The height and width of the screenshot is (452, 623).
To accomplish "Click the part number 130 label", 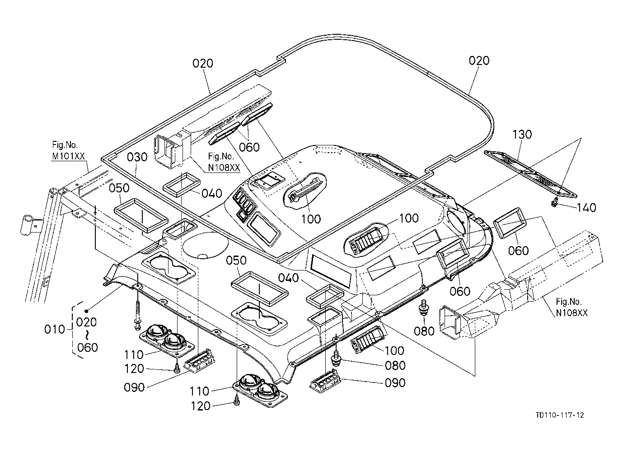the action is click(522, 135).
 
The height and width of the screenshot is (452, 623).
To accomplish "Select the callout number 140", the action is click(586, 208).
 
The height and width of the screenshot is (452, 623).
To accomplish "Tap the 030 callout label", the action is click(137, 157).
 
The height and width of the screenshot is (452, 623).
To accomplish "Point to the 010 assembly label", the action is click(55, 330).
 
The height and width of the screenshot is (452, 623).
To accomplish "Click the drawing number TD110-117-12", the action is click(560, 415).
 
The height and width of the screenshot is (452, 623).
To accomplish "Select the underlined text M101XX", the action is click(68, 156).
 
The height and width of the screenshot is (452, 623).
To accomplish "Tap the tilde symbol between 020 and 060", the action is click(87, 335).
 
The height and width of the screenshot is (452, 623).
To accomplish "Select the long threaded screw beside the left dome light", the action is click(137, 316).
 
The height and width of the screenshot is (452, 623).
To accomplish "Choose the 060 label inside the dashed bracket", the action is click(87, 348).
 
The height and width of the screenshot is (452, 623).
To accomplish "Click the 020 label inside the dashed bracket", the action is click(86, 322).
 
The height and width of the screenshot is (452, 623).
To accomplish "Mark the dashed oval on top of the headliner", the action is click(328, 151).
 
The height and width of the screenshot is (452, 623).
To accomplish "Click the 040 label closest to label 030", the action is click(212, 193).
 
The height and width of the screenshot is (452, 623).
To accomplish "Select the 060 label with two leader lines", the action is click(249, 147).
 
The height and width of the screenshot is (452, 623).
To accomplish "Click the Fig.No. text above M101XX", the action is click(65, 145).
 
